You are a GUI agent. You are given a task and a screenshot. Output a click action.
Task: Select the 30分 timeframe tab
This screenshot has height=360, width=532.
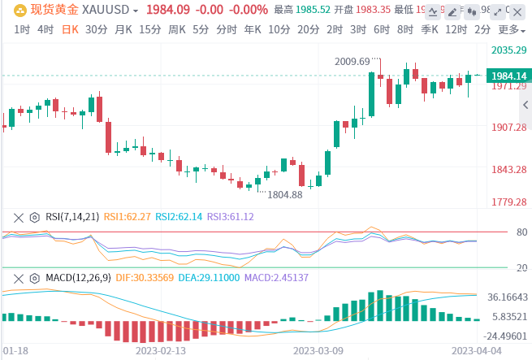click(96, 29)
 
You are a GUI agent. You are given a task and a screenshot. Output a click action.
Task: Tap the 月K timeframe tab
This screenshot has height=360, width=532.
click(123, 29)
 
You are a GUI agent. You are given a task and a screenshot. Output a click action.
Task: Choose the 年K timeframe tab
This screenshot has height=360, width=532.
click(253, 29)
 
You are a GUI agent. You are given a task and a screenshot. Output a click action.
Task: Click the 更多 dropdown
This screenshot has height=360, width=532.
click(510, 29)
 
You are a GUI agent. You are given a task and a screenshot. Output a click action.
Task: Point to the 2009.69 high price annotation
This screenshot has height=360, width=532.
click(352, 61)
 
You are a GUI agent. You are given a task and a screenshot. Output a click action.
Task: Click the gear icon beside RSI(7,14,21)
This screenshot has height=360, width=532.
click(34, 217)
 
